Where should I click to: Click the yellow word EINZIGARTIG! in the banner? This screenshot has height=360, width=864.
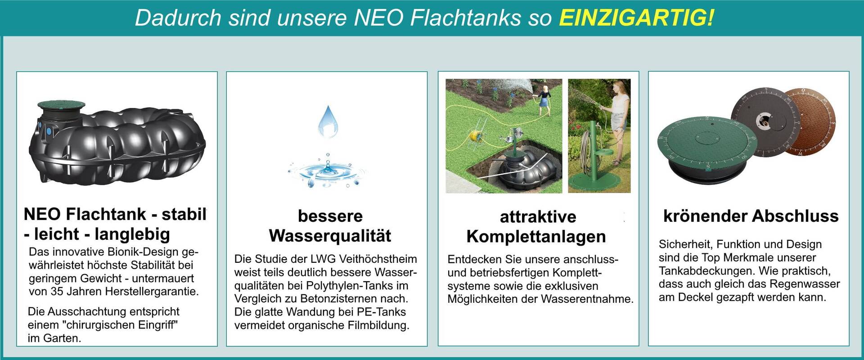point(636,18)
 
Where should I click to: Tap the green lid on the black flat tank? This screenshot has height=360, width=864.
point(61,105)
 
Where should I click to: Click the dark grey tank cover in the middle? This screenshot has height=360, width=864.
point(765,122)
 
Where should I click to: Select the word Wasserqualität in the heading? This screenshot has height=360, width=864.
point(330,236)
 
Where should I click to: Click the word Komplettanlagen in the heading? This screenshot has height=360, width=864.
point(536,237)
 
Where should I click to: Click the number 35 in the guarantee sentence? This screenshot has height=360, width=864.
point(57,291)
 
